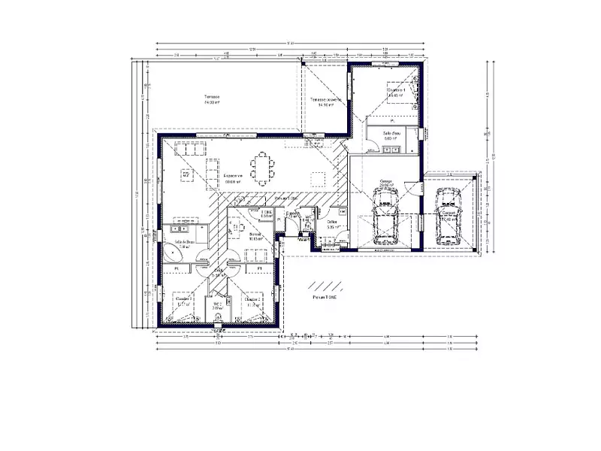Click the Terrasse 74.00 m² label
point(211,99)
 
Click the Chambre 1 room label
point(396,92)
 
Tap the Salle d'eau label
point(391,135)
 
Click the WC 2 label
point(216,306)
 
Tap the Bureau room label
point(255,238)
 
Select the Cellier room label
point(331,224)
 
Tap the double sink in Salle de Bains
point(183,226)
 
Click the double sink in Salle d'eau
point(391,150)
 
